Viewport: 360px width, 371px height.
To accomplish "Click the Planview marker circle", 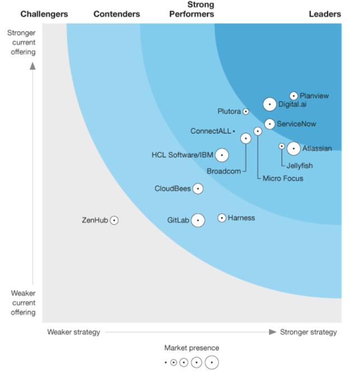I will tap(293, 96).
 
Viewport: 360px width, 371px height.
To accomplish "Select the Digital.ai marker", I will tap(269, 104).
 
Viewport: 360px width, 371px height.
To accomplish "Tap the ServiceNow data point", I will tap(269, 124).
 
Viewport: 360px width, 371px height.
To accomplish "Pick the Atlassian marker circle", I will tap(293, 149).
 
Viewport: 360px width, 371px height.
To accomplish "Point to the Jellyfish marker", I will tap(282, 146).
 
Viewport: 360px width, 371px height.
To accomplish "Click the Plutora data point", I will tap(245, 112).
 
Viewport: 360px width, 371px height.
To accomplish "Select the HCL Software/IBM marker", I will tap(222, 155).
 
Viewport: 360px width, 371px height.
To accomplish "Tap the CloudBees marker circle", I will tap(197, 189).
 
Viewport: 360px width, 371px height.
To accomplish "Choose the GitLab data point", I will tap(197, 220).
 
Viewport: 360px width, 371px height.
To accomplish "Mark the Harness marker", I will tap(222, 218).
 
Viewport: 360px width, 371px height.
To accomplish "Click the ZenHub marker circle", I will tap(114, 220).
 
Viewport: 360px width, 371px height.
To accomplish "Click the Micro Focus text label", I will tap(283, 178).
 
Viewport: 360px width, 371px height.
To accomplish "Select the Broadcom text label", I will tap(224, 171).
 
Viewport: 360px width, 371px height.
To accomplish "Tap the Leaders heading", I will tap(325, 14).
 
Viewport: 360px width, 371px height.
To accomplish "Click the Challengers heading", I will tap(44, 14).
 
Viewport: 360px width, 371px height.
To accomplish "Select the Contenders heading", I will tap(117, 14).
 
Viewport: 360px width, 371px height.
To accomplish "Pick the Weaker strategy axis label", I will tap(74, 332).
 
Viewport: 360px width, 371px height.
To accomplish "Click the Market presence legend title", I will tap(192, 348).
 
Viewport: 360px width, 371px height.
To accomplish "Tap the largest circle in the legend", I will tap(211, 363).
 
